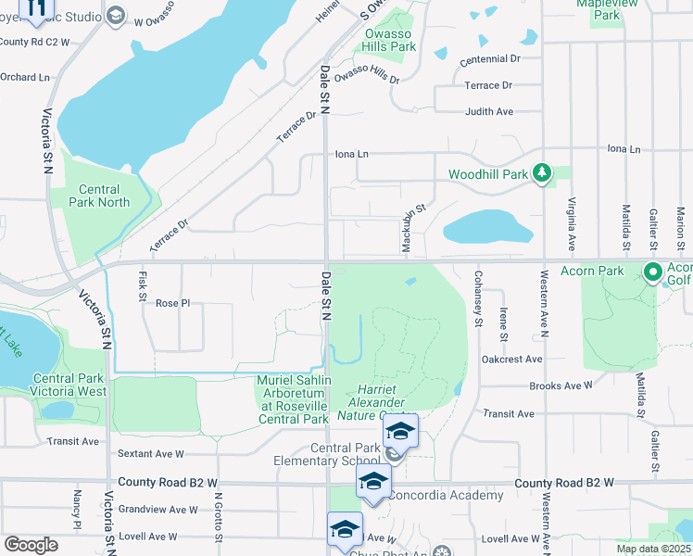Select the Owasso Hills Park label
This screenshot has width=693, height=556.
pyautogui.click(x=390, y=39)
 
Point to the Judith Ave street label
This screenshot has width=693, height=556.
pyautogui.click(x=489, y=111)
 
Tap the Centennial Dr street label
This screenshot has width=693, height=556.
pyautogui.click(x=490, y=59)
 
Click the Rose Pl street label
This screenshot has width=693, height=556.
pyautogui.click(x=172, y=303)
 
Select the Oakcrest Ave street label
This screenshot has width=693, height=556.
pyautogui.click(x=511, y=359)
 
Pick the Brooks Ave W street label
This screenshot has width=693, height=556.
pyautogui.click(x=561, y=385)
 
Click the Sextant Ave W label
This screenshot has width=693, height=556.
pyautogui.click(x=152, y=454)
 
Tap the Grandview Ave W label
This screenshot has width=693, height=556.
pyautogui.click(x=157, y=509)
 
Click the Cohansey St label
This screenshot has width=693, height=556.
pyautogui.click(x=479, y=299)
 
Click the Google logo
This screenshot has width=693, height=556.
pyautogui.click(x=31, y=545)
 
